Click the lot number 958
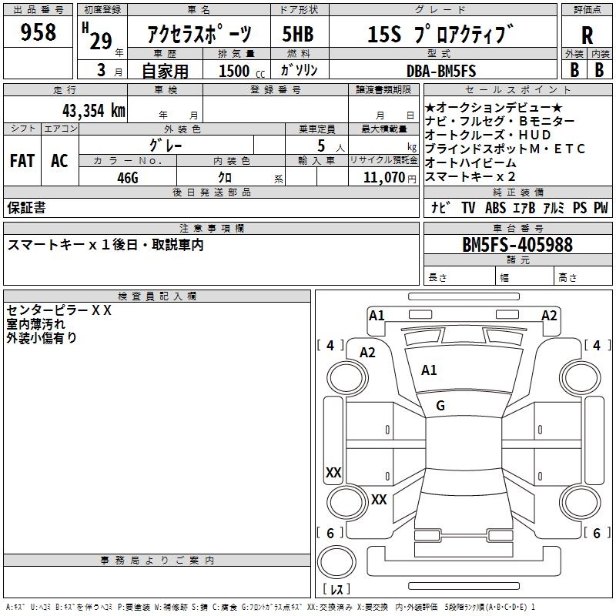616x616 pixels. pos(38,32)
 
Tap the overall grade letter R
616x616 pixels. pos(588,35)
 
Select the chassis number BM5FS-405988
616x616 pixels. pos(517,245)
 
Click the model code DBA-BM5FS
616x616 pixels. pos(441,71)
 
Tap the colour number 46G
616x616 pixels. pos(127,177)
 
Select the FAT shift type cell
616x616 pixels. pos(22,160)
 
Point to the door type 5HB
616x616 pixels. pos(299,35)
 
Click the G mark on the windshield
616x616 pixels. pos(440,405)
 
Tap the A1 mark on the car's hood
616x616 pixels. pos(429,370)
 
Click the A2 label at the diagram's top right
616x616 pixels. pos(549,315)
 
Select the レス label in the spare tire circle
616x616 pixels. pos(336,591)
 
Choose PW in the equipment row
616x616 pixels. pos(601,208)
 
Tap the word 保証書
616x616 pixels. pos(26,208)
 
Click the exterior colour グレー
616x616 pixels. pos(166,144)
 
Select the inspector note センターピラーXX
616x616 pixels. pos(59,310)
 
